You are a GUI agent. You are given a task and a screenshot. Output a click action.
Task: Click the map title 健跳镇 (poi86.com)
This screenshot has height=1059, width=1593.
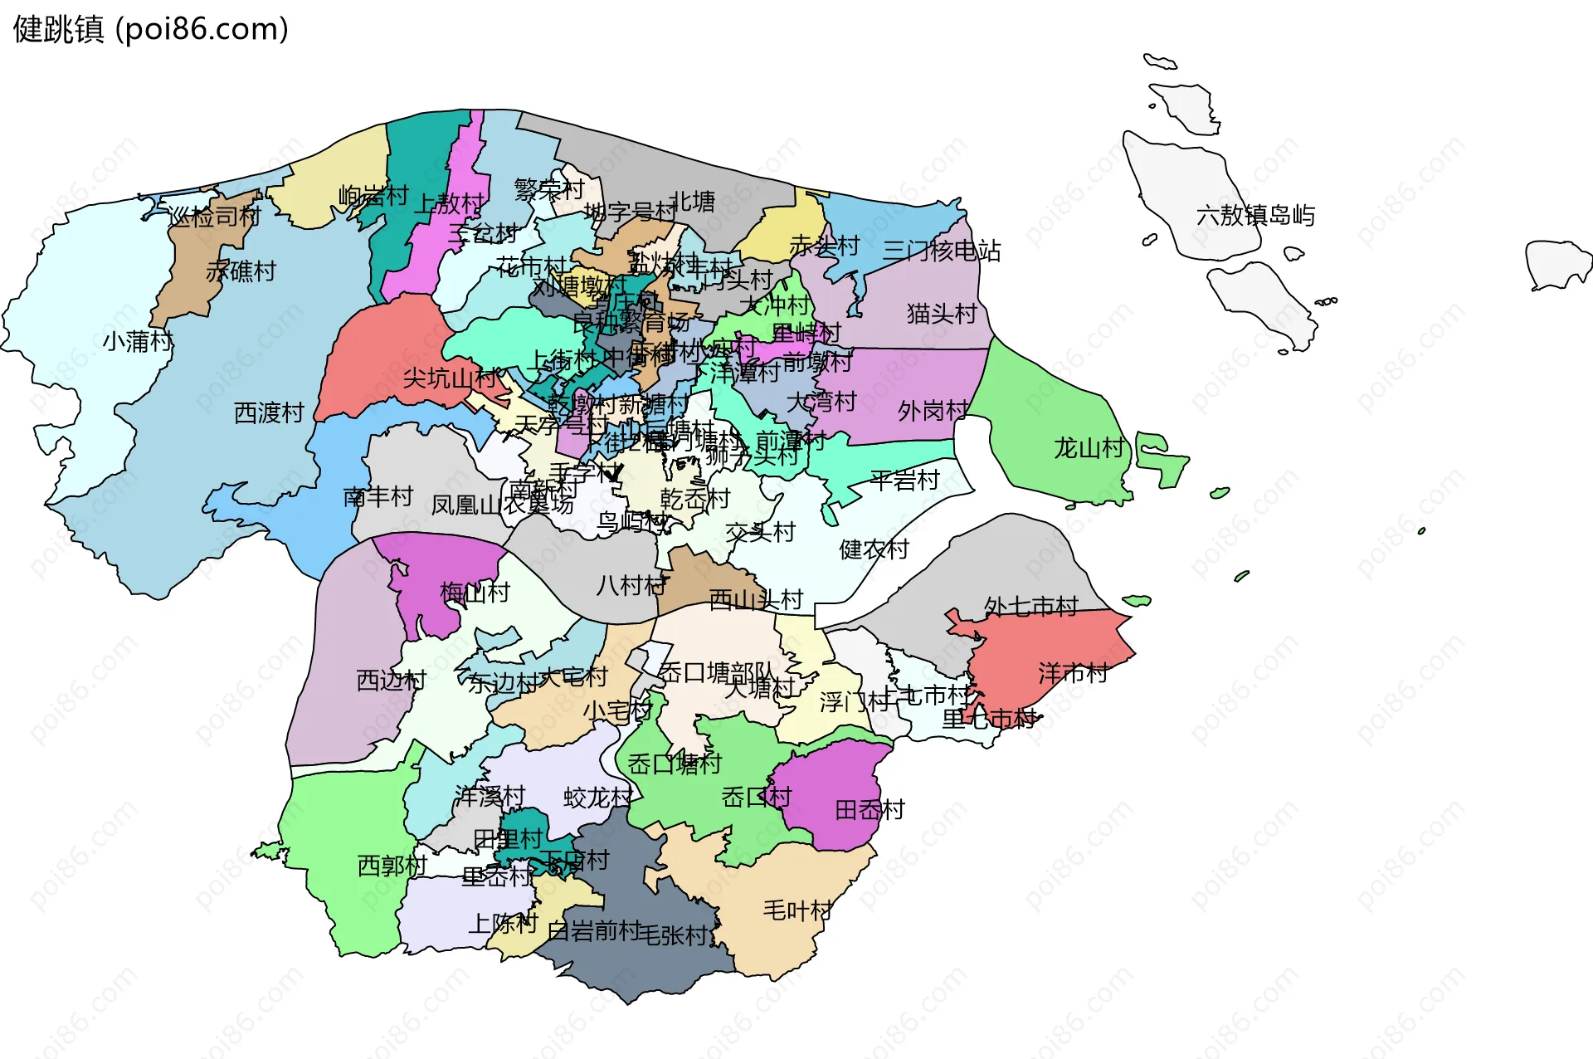[x=151, y=29]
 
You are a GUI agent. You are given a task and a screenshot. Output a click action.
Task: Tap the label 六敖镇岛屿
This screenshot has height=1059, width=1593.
[x=1255, y=216]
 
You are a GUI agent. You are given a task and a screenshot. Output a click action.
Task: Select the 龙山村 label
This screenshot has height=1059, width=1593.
[x=1089, y=449]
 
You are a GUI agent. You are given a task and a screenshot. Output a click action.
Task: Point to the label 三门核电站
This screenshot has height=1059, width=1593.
[x=941, y=251]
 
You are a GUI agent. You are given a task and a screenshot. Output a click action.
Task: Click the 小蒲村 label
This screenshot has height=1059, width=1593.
[x=138, y=341]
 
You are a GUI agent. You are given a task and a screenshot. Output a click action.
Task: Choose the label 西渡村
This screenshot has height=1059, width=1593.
[x=269, y=412]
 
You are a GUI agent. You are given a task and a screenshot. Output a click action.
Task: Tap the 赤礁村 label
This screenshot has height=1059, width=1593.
[x=241, y=271]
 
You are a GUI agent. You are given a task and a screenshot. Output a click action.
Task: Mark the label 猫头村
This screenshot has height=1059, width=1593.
[x=941, y=314]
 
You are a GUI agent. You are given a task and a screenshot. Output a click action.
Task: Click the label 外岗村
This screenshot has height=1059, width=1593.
[x=933, y=411]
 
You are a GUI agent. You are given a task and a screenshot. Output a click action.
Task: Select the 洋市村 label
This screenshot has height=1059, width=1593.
[x=1073, y=673]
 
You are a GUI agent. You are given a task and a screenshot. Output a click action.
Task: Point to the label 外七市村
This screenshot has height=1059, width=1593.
[x=1030, y=607]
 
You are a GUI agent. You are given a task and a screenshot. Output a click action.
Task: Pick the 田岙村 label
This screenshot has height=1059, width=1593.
[x=870, y=810]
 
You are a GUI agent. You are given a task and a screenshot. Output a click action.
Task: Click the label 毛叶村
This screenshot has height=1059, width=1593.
[x=796, y=910]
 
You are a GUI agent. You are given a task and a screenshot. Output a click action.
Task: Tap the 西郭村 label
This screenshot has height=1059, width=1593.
[x=392, y=866]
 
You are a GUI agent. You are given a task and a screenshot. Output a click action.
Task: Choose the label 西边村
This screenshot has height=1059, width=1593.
[x=391, y=681]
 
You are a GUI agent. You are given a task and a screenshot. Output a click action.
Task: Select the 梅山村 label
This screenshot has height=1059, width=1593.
[x=475, y=593]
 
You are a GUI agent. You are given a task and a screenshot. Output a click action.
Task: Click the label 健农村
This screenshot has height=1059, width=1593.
[x=874, y=549]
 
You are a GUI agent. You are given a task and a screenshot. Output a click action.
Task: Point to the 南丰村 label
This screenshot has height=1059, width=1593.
[x=378, y=496]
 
